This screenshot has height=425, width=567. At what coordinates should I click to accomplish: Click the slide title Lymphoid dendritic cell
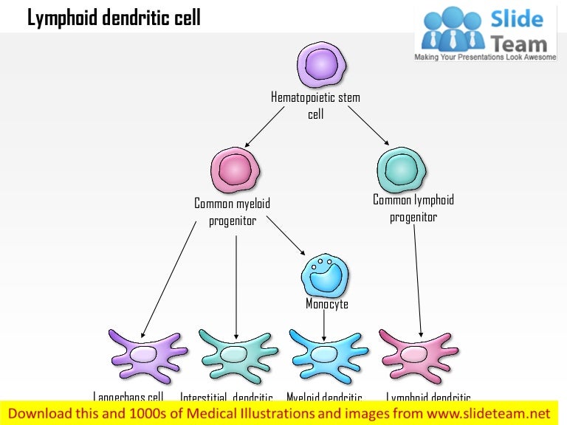[114, 18]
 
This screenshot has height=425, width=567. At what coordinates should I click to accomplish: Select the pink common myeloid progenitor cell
[235, 170]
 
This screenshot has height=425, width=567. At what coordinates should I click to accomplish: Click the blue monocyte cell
[323, 274]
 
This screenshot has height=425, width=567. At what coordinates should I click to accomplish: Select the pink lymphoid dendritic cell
[417, 353]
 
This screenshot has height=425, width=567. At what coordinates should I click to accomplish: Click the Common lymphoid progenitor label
[413, 208]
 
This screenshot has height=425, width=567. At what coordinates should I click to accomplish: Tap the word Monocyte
[327, 304]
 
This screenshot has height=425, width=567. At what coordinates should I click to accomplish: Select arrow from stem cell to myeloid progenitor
[264, 126]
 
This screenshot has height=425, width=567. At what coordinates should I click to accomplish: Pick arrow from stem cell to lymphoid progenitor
[368, 125]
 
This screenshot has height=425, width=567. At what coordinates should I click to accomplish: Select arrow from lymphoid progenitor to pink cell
[418, 280]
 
